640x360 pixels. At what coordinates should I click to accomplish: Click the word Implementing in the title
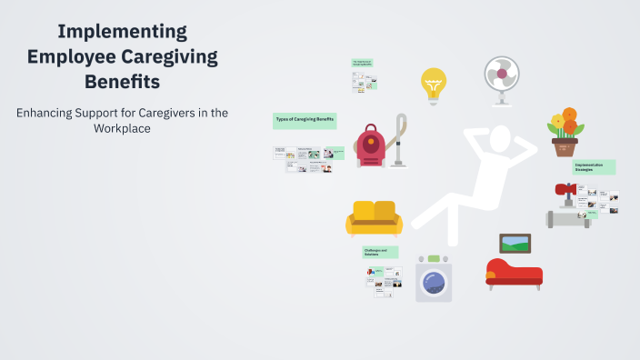click(x=123, y=32)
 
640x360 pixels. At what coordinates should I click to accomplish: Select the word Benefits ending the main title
click(x=123, y=82)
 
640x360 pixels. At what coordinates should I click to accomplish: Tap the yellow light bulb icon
click(x=434, y=85)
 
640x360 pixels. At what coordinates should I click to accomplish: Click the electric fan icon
click(x=501, y=78)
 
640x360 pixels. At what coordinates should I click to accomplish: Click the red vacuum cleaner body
click(x=370, y=145)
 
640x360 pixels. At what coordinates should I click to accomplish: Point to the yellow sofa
click(x=374, y=218)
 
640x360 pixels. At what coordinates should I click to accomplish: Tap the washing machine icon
click(x=434, y=278)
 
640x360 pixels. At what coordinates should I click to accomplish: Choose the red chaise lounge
click(x=513, y=273)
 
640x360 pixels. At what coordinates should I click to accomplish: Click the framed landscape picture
click(x=515, y=244)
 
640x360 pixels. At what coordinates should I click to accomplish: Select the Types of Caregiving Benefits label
click(x=305, y=119)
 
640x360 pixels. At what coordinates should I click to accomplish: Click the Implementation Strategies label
click(x=594, y=167)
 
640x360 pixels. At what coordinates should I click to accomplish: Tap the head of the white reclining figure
click(x=501, y=137)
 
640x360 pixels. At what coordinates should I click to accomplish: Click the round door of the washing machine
click(x=434, y=283)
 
